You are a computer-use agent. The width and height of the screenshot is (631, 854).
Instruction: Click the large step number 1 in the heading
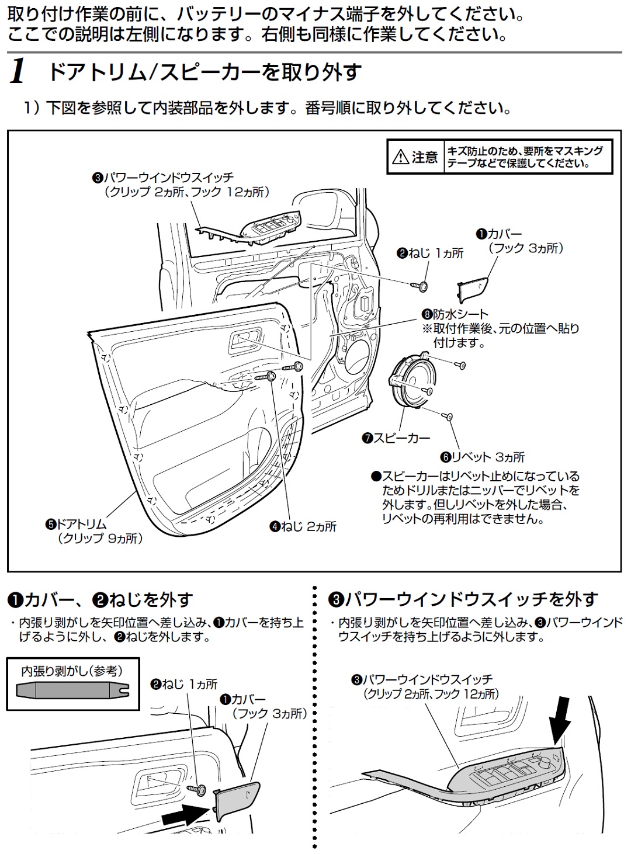point(18,72)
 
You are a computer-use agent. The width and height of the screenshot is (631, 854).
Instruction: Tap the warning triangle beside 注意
point(400,157)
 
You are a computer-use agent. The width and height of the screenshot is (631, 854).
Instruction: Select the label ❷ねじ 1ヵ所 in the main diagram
point(430,253)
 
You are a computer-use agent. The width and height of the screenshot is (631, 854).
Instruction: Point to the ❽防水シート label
point(455,314)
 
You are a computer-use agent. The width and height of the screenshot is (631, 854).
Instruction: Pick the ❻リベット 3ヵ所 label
point(483,457)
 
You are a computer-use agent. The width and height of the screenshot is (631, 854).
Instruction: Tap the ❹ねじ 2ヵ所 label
point(303,526)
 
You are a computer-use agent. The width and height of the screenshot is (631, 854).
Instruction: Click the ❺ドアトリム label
point(77,524)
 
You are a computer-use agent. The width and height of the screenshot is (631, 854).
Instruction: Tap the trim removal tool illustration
point(72,690)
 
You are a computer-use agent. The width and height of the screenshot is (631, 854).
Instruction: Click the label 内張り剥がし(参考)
point(72,671)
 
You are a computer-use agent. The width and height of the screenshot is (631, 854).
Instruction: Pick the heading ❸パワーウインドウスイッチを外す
point(463,599)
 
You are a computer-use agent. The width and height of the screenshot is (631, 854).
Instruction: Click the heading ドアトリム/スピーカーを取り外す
point(204,72)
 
